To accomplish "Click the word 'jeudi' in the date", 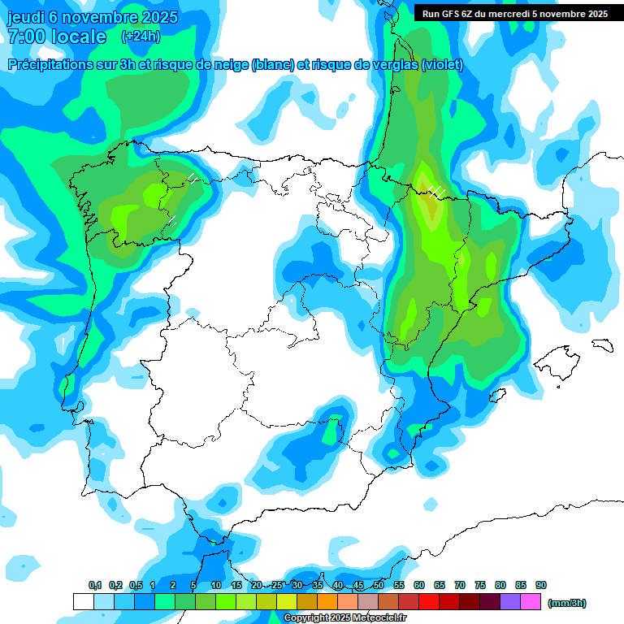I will (29, 17).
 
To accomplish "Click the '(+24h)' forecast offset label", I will (141, 37).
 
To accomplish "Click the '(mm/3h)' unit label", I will (567, 603).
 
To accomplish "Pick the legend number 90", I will (541, 585).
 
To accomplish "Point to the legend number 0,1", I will (95, 585).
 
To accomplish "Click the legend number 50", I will (379, 585).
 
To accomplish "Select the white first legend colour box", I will (83, 601).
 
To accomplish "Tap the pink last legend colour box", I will (531, 601).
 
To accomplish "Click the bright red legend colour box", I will (429, 601).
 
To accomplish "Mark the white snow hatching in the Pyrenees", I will (437, 191).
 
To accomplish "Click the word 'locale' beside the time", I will (79, 37).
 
